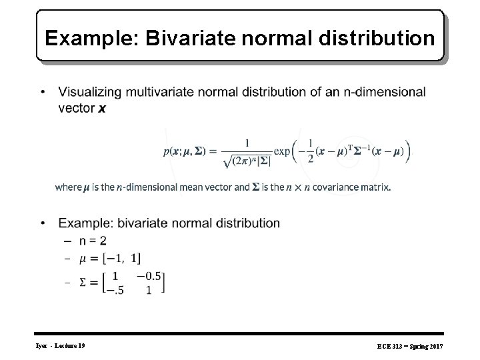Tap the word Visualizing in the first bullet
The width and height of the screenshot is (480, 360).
point(93,91)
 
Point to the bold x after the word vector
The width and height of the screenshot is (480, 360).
point(101,107)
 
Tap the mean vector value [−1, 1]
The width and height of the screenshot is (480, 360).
point(121,257)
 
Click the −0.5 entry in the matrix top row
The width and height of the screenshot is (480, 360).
point(150,275)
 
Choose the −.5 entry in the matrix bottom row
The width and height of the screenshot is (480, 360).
point(115,290)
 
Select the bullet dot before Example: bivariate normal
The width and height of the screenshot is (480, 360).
point(43,223)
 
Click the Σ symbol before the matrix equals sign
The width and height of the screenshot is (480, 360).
point(83,283)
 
